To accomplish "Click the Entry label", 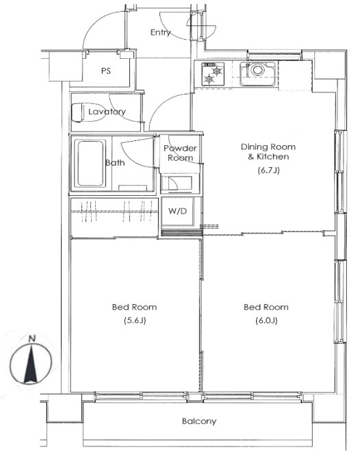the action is coord(161,33).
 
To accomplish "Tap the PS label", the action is coord(106,71).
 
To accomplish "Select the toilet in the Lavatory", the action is coord(87,112).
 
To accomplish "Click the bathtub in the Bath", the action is coord(90,163).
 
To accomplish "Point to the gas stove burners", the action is coord(213,74).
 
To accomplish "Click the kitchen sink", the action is coord(257,74).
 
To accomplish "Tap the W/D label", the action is coord(177,211).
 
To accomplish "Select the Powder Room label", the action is coord(180,153).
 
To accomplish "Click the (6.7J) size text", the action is coord(269,170).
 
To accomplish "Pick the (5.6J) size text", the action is coord(135,320).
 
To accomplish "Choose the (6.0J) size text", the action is coord(266,320).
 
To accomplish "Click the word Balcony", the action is coord(199,421).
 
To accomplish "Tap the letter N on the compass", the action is coord(32,338).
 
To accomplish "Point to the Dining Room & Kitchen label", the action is coord(268,151).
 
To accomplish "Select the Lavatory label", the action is coord(107,112).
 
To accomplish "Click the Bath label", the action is coord(115,163).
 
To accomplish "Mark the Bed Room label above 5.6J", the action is coord(134,307).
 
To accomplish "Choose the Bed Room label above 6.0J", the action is coord(266,307).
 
